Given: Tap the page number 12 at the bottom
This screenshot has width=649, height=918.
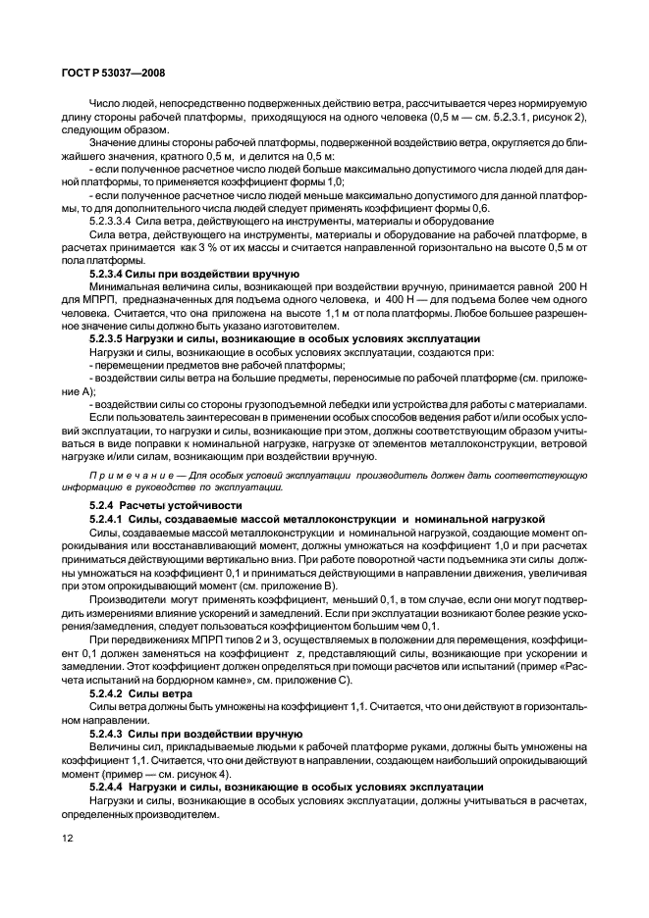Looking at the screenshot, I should (x=68, y=840).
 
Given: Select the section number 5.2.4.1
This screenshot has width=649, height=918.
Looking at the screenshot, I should (x=110, y=517).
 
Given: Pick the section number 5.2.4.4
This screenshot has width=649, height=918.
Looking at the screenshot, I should (x=110, y=787).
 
